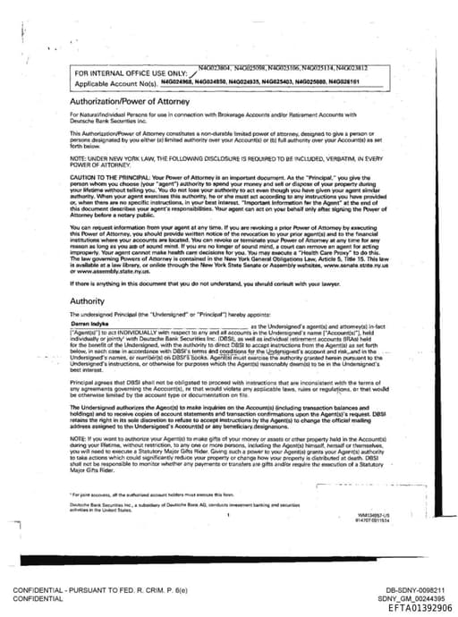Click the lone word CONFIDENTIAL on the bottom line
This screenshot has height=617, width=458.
pyautogui.click(x=39, y=599)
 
